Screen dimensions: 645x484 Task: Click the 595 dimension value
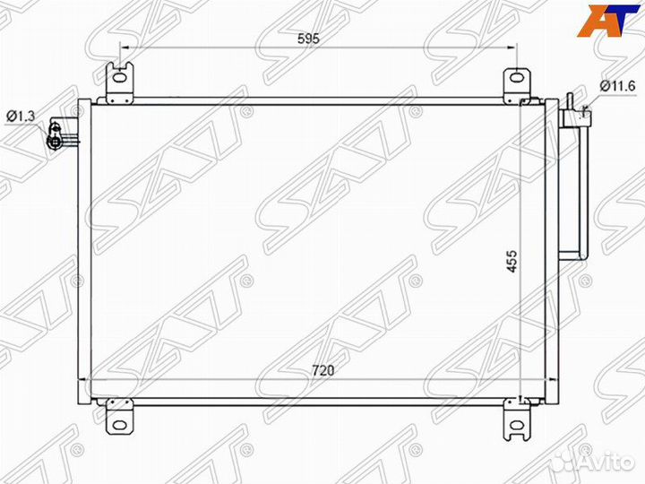tap(308, 39)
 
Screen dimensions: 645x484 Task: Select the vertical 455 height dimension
tap(512, 261)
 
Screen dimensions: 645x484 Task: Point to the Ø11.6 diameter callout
tap(617, 86)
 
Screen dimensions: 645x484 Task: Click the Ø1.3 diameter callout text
tap(21, 117)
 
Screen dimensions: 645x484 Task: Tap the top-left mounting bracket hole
tap(120, 79)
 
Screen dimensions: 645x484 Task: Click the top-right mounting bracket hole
tap(517, 77)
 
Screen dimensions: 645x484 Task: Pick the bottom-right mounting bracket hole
tap(517, 425)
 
